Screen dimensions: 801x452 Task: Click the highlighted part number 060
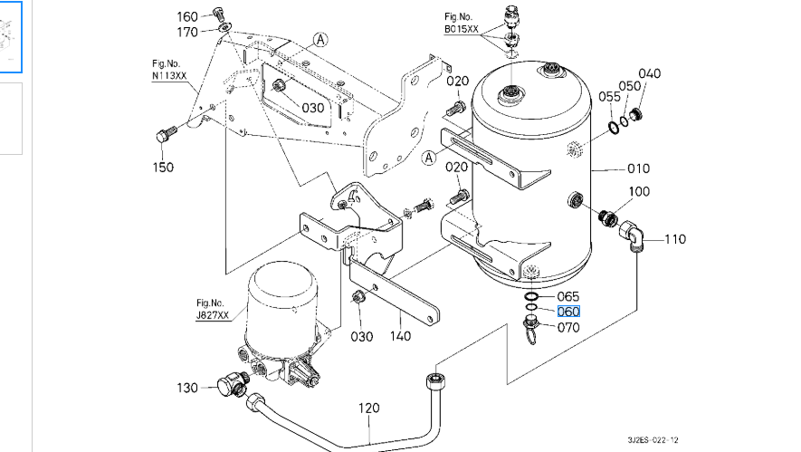click(x=568, y=312)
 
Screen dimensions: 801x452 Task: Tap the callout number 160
click(x=187, y=17)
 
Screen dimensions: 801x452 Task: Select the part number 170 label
click(x=187, y=33)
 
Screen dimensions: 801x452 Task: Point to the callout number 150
click(x=163, y=168)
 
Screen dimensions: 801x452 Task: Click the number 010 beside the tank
click(x=638, y=168)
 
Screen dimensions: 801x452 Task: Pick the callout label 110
click(x=675, y=239)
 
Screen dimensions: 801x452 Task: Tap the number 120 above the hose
click(x=369, y=408)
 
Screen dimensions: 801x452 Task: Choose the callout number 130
click(x=187, y=388)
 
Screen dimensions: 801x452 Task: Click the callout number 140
click(x=400, y=336)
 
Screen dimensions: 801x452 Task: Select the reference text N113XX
click(x=169, y=76)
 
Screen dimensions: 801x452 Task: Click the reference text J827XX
click(x=213, y=315)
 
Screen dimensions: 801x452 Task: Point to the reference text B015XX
click(x=462, y=29)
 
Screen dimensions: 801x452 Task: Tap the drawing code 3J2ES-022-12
click(x=653, y=439)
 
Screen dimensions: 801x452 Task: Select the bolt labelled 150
click(x=166, y=135)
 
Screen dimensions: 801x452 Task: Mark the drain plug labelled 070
click(x=530, y=327)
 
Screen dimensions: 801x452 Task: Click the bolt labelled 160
click(x=219, y=14)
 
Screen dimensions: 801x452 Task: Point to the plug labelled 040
click(x=635, y=114)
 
